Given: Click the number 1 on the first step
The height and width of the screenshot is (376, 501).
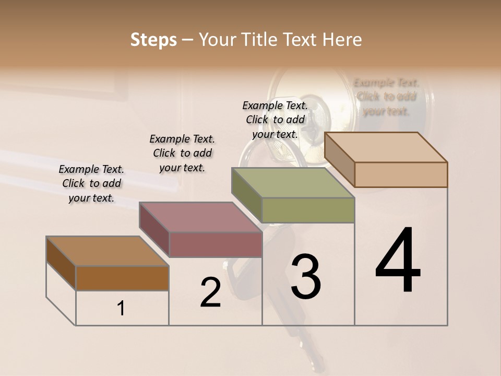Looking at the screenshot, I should click(x=121, y=309).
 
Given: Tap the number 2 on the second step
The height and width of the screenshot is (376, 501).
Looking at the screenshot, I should click(x=210, y=292).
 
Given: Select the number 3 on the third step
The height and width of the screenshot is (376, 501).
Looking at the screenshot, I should click(x=306, y=277).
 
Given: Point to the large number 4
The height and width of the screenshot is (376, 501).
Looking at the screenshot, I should click(x=398, y=261).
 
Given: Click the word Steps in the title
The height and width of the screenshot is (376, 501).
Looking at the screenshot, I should click(x=153, y=40).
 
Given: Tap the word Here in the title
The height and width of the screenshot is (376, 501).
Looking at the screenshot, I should click(x=342, y=40).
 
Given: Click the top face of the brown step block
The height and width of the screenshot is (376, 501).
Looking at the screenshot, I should click(x=107, y=251).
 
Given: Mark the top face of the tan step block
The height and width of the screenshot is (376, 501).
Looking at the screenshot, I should click(x=386, y=147).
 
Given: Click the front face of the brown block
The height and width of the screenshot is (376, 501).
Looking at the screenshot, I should click(x=122, y=278).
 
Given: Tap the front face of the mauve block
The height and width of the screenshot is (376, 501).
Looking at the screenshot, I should click(x=216, y=244).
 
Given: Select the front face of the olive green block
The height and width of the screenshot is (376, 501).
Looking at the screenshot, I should click(x=308, y=210).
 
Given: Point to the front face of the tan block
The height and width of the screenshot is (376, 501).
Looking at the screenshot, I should click(x=401, y=174).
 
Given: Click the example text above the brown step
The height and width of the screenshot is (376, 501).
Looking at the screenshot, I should click(x=91, y=184).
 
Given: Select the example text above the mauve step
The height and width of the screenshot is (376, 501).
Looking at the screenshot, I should click(x=182, y=154).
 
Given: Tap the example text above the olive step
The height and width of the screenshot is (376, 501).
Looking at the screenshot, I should click(x=275, y=120).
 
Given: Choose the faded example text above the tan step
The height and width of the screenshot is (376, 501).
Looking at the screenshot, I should click(x=386, y=97).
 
